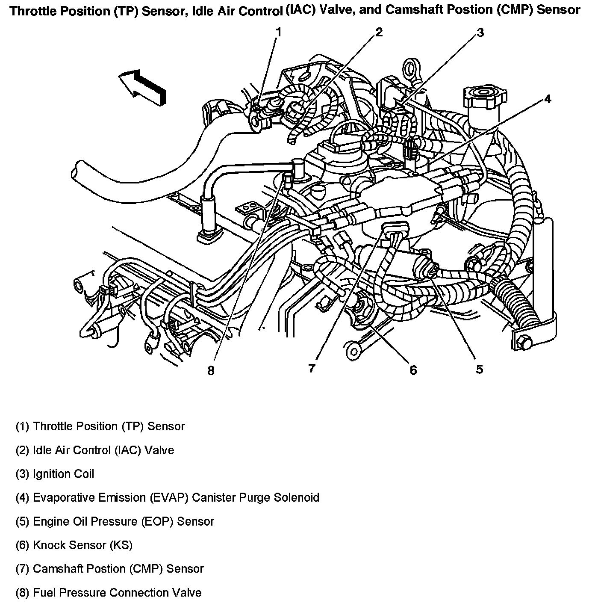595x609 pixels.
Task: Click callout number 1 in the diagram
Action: pyautogui.click(x=278, y=32)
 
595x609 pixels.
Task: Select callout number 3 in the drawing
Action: pyautogui.click(x=480, y=33)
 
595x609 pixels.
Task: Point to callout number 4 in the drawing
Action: pyautogui.click(x=548, y=100)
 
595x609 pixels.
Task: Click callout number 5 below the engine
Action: pyautogui.click(x=480, y=369)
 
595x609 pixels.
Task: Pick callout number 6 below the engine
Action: pyautogui.click(x=413, y=370)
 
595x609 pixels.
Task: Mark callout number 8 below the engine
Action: pyautogui.click(x=211, y=370)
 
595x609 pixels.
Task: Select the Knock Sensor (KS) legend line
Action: pyautogui.click(x=74, y=545)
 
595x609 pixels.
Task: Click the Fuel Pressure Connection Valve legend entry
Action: pyautogui.click(x=109, y=593)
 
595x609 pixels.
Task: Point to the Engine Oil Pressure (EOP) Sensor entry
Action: pyautogui.click(x=115, y=521)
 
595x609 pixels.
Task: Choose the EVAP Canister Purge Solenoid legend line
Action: pyautogui.click(x=167, y=498)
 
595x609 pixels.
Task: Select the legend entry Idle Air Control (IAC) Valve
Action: pyautogui.click(x=94, y=450)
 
